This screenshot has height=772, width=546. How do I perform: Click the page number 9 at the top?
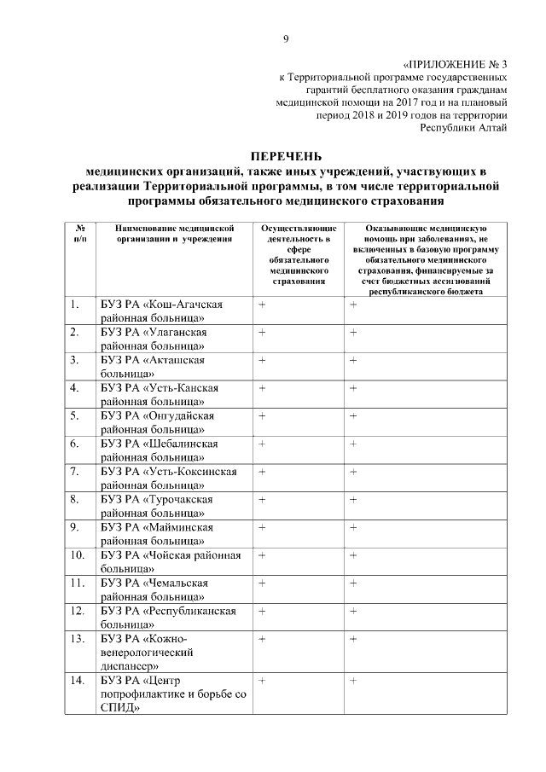pyautogui.click(x=286, y=38)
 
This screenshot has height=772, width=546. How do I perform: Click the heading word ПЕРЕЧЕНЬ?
pyautogui.click(x=286, y=155)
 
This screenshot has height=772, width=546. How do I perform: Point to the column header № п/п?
pyautogui.click(x=79, y=234)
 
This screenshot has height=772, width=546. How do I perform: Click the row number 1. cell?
pyautogui.click(x=76, y=305)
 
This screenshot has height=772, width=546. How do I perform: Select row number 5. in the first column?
pyautogui.click(x=76, y=415)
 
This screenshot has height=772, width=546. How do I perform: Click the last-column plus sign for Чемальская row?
pyautogui.click(x=352, y=583)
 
